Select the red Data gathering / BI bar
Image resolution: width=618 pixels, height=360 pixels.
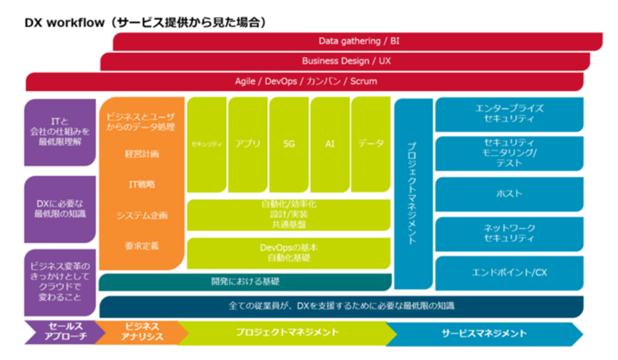tap(358, 41)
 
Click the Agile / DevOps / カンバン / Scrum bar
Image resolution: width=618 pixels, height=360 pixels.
tap(305, 81)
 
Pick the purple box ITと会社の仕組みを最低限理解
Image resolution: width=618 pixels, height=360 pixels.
tap(60, 132)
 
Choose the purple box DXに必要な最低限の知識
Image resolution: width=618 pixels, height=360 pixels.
tap(60, 207)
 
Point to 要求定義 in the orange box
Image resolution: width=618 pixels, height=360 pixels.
tap(142, 246)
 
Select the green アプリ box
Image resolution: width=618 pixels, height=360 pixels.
tap(248, 144)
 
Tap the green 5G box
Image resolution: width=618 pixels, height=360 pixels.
tap(289, 144)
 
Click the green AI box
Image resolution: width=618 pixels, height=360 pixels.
tap(330, 144)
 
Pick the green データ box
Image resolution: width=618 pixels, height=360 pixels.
tap(371, 144)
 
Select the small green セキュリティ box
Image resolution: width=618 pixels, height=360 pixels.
tap(206, 144)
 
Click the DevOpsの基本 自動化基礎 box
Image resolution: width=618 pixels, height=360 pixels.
tap(288, 252)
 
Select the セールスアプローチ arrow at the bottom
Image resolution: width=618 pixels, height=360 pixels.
tap(60, 333)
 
